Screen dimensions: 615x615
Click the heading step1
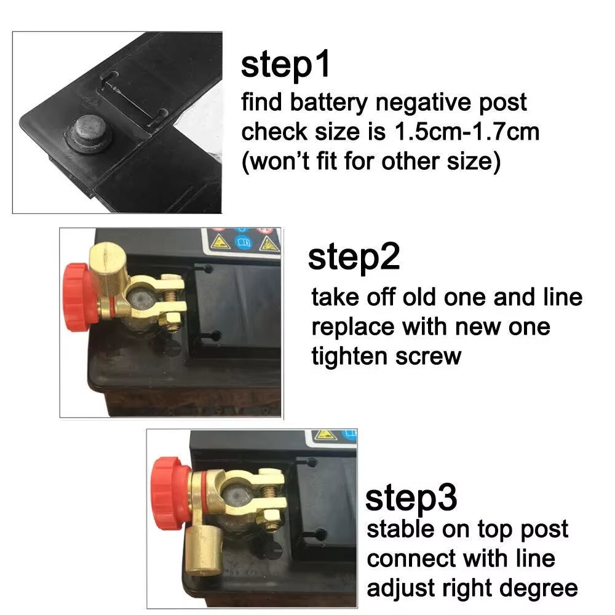[285, 66]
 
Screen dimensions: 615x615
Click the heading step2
[354, 257]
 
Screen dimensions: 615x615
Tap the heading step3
[411, 498]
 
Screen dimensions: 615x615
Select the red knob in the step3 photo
[170, 493]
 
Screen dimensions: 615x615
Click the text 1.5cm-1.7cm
[463, 132]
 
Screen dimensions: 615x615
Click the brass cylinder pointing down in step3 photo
[203, 547]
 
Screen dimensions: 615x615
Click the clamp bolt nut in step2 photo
[173, 319]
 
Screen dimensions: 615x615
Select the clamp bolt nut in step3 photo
[271, 517]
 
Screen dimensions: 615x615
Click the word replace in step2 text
[352, 327]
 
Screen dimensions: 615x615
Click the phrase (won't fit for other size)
[371, 162]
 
